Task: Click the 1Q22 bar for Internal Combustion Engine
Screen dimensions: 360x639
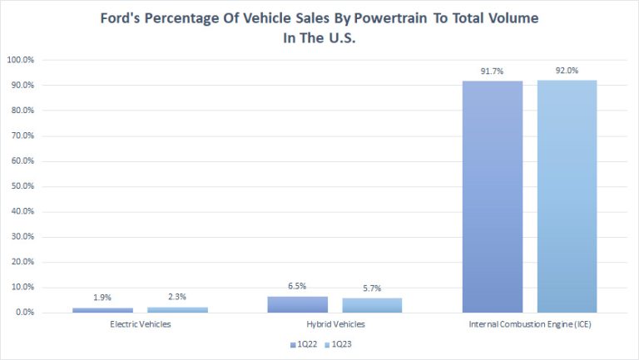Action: [493, 196]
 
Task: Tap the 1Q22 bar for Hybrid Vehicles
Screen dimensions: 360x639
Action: [297, 304]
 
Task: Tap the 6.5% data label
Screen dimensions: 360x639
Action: [297, 288]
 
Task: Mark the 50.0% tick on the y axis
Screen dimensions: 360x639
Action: [22, 186]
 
